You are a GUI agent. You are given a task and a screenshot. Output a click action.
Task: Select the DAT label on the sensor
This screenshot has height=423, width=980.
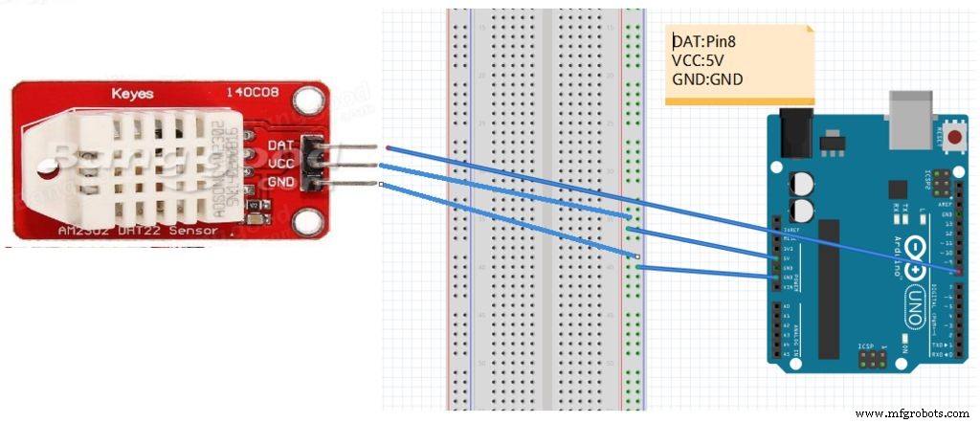[281, 145]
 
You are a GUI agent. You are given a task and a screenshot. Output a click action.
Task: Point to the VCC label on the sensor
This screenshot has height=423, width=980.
[281, 163]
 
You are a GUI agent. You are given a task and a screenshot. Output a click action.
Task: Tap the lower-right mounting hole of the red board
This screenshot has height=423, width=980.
[307, 221]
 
